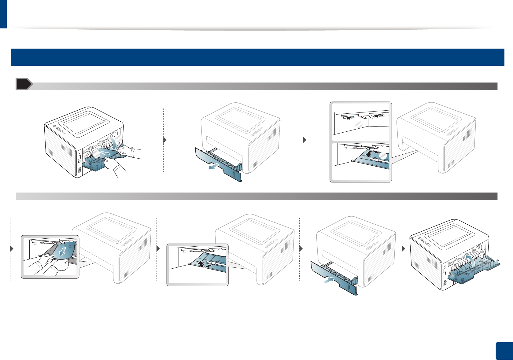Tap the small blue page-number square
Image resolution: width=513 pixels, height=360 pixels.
tap(504, 351)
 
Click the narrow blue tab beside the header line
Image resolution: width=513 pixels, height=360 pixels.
tap(3, 14)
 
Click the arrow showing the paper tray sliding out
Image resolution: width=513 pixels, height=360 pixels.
tap(213, 167)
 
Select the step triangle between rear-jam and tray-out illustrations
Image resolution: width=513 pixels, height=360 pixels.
tap(165, 140)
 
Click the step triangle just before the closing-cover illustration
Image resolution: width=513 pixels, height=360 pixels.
tap(404, 248)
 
